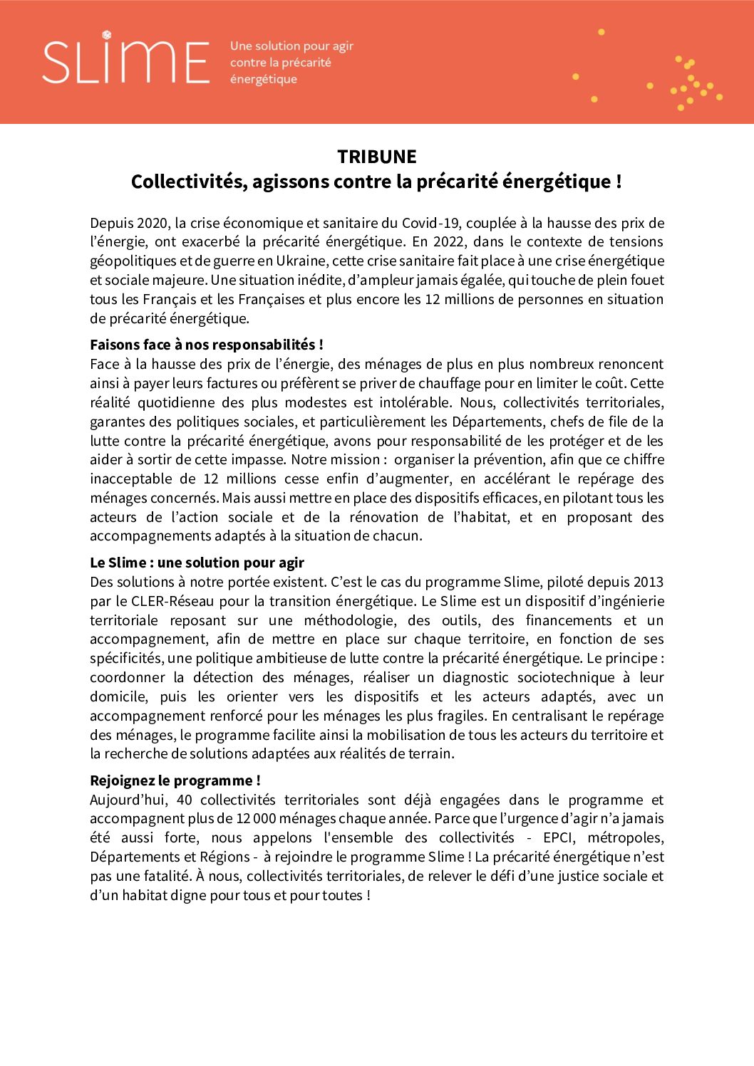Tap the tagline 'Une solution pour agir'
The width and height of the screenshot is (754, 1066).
point(291,46)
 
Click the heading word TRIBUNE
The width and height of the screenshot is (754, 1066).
point(376,157)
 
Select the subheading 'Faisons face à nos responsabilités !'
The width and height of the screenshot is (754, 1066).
point(207,345)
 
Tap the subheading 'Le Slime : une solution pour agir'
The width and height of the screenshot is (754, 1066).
point(197,563)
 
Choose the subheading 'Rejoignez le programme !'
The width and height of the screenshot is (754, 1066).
point(175,781)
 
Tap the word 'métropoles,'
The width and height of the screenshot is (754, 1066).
point(625,838)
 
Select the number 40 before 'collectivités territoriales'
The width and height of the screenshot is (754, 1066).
point(184,800)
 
